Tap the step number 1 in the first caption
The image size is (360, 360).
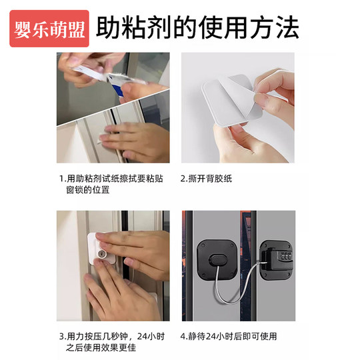tap(61, 179)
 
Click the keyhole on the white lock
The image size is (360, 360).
tap(102, 255)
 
